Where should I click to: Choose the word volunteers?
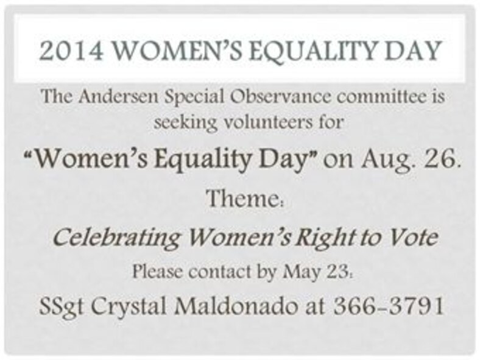(272, 122)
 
